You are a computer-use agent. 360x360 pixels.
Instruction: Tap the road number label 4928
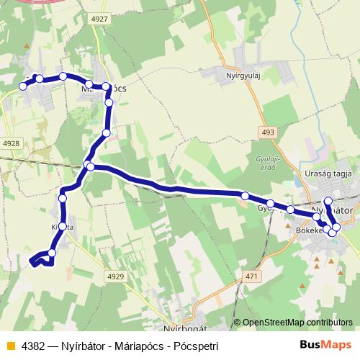click(x=11, y=143)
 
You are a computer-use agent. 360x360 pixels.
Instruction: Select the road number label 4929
click(x=116, y=276)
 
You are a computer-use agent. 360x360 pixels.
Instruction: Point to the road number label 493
click(x=268, y=132)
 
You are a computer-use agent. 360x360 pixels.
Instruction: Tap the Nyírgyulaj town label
click(x=241, y=72)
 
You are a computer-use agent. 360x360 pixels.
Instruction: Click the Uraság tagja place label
click(x=328, y=174)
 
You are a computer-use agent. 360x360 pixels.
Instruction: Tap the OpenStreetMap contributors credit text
click(x=297, y=323)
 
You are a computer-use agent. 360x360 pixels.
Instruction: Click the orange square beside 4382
click(x=9, y=346)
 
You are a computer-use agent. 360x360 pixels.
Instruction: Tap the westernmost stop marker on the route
click(x=23, y=86)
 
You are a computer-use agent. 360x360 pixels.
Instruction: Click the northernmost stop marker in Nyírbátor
click(x=328, y=201)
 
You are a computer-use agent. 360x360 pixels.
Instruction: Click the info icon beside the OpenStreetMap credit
click(x=237, y=323)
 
